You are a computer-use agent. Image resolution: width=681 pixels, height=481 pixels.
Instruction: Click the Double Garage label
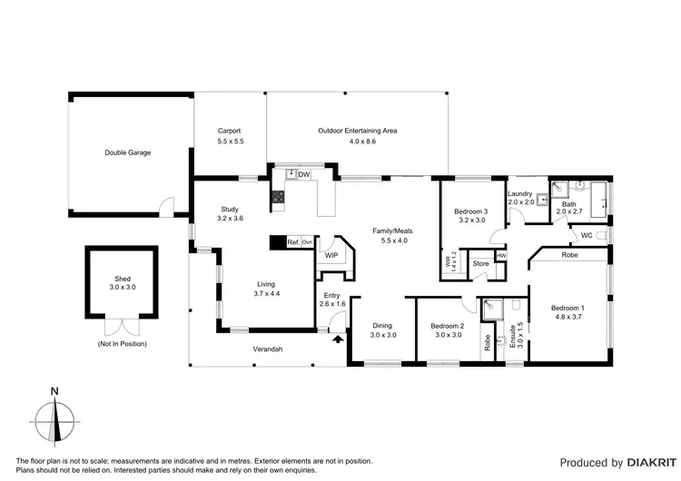[127, 152]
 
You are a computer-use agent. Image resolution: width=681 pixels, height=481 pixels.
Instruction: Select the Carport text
[230, 131]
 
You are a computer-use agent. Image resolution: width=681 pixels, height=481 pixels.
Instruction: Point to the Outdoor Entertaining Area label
[358, 131]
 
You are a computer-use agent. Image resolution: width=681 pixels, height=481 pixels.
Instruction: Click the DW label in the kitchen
[304, 174]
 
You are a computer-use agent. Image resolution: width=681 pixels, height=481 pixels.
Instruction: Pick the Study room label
[231, 209]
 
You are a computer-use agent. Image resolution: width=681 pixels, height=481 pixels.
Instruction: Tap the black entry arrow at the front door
[338, 339]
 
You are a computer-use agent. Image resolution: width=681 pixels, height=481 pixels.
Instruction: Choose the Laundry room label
[520, 193]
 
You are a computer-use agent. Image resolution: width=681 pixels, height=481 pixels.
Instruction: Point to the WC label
[587, 236]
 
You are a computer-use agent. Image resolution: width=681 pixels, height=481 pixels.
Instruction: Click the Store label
[480, 264]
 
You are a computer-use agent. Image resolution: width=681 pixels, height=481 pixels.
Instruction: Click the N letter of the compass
[55, 392]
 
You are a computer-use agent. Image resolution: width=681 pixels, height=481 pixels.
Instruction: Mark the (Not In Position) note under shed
[122, 344]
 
